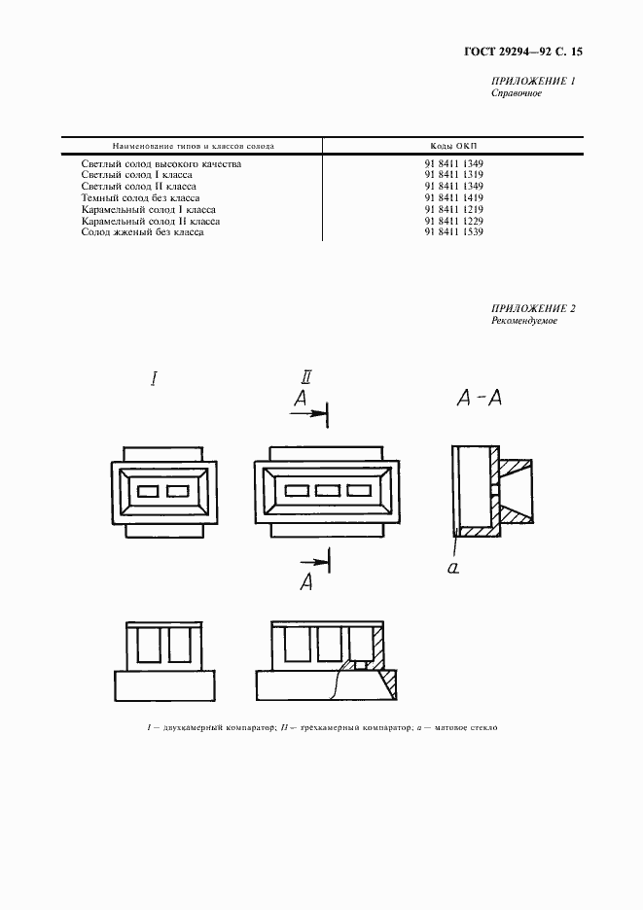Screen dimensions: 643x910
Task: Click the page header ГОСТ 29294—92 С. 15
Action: coord(523,52)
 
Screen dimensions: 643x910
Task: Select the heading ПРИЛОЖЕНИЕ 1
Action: coord(533,82)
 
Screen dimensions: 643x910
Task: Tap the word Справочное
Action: coord(517,93)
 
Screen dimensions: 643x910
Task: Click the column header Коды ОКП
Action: coord(453,146)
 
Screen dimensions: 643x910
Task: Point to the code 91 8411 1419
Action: coord(453,198)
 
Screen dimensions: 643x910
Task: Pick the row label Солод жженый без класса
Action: coord(142,232)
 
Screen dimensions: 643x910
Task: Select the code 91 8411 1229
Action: coord(453,221)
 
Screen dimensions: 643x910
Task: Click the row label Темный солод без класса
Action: coord(140,198)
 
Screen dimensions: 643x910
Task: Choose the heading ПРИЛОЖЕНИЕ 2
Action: coord(533,309)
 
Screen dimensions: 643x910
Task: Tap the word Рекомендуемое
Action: coord(524,321)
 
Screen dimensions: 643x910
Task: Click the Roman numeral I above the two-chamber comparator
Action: coord(154,379)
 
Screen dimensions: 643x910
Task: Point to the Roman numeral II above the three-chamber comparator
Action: coord(306,377)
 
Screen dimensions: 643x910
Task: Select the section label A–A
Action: coord(480,398)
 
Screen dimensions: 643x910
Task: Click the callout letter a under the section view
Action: coord(453,568)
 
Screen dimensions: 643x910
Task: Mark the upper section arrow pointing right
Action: coord(307,413)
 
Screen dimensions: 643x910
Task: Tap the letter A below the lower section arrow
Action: coord(306,581)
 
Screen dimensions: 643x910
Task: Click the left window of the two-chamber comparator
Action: coord(148,492)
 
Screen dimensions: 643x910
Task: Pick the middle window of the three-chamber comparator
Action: coord(328,491)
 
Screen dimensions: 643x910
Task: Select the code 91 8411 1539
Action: coord(453,232)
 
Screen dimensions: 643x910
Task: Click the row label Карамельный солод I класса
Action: coord(148,209)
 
